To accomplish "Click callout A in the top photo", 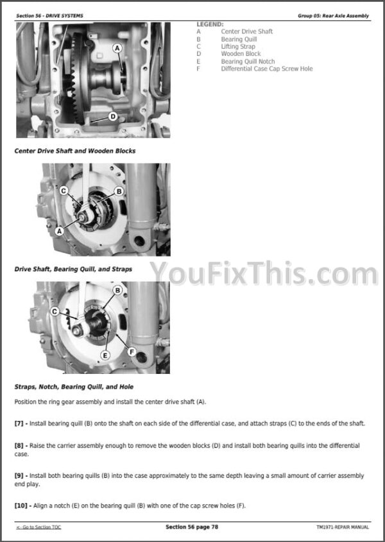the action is [117, 48].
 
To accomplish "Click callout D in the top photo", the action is [113, 117].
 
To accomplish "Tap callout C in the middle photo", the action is [64, 191].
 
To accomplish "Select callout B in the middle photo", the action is [119, 191].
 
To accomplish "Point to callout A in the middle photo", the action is [60, 231].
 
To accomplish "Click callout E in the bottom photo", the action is [105, 355].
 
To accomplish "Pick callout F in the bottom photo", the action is [132, 352].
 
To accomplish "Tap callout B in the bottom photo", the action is [117, 291].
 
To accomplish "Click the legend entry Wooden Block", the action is [241, 54].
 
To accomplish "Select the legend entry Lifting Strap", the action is [238, 46].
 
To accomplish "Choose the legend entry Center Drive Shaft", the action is [246, 31].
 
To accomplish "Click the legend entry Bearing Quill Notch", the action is [248, 61].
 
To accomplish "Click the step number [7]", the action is [19, 423].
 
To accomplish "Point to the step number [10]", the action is [21, 505].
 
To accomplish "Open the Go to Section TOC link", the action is [38, 527].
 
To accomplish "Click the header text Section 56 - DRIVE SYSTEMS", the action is [49, 15].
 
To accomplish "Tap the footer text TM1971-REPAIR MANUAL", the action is [343, 527].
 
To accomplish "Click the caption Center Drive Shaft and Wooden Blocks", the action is [74, 151].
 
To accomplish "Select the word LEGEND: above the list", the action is [210, 24].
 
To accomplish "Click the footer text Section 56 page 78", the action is [192, 527].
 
